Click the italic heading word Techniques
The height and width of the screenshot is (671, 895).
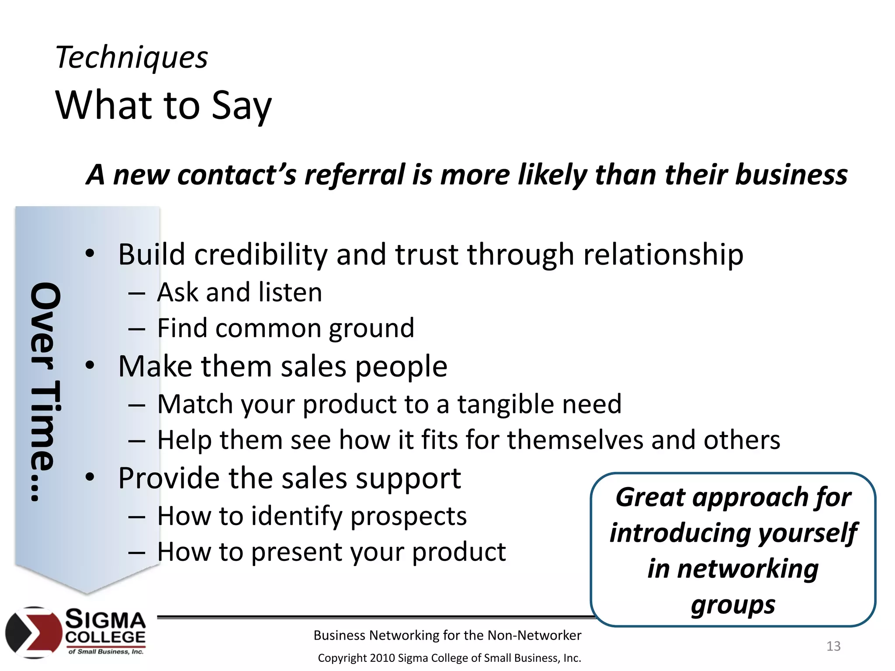click(x=132, y=58)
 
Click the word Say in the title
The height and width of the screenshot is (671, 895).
click(x=241, y=106)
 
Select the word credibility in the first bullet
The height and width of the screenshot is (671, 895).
click(x=260, y=255)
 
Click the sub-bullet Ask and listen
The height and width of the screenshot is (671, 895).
click(x=239, y=292)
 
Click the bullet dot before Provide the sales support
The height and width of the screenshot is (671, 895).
click(x=90, y=477)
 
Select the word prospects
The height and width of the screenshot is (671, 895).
click(x=409, y=516)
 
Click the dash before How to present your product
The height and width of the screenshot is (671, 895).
click(x=137, y=552)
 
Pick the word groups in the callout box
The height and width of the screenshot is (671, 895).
click(x=733, y=605)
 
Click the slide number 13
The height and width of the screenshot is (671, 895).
click(x=833, y=646)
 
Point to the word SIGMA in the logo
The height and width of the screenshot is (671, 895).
click(x=105, y=619)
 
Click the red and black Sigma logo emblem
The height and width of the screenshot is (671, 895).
click(x=34, y=632)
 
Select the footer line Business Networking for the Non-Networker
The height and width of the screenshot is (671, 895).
click(x=447, y=635)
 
